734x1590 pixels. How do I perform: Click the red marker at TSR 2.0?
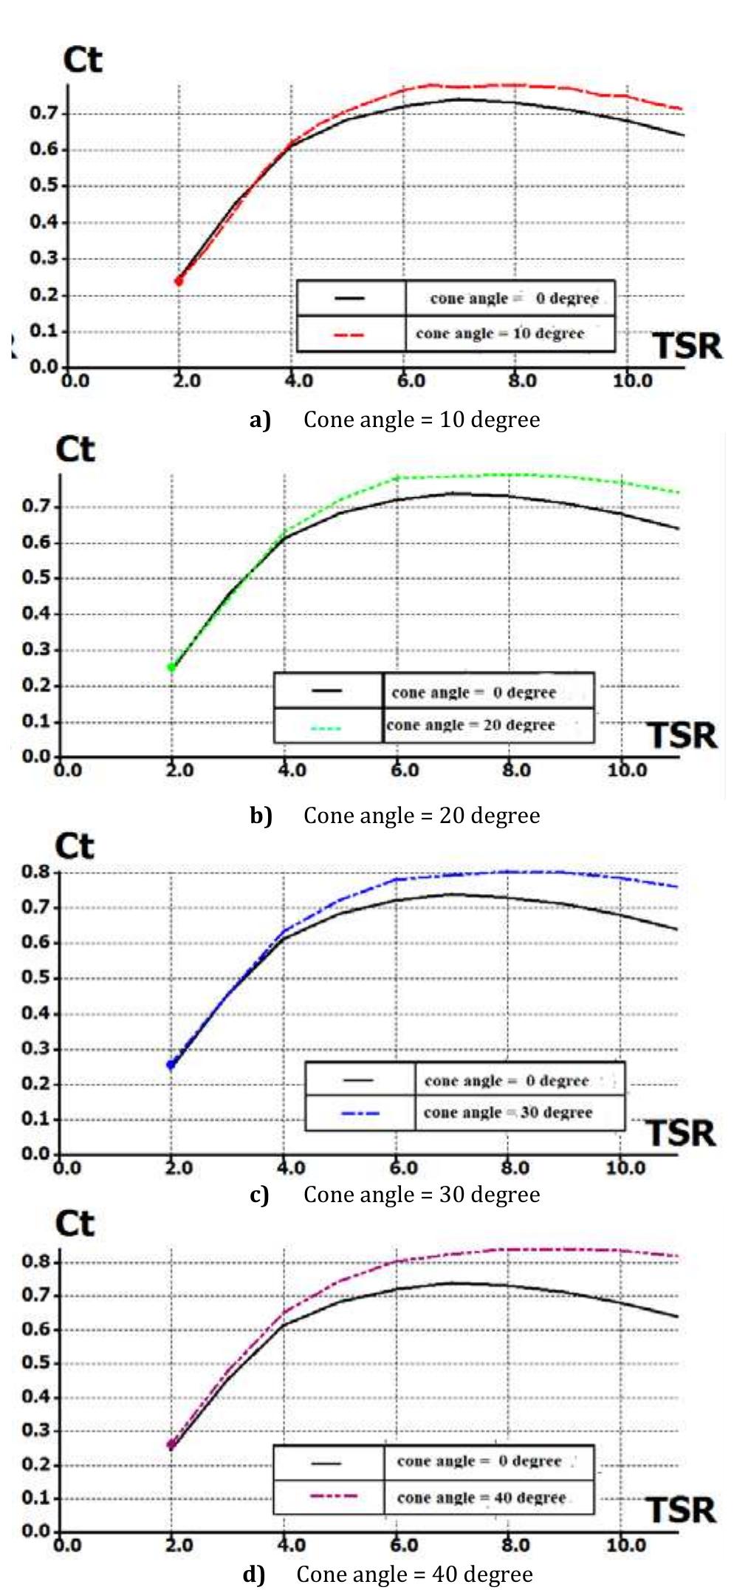(x=178, y=281)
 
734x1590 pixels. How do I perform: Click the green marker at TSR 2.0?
(x=171, y=667)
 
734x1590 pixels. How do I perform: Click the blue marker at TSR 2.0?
(x=171, y=1065)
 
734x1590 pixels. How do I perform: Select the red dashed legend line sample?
(x=349, y=335)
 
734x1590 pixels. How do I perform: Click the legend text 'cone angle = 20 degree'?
(x=470, y=725)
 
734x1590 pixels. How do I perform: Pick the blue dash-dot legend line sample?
(x=360, y=1113)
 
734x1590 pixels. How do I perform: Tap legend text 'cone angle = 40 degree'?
(x=481, y=1498)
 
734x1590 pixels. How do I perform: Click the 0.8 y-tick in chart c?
(x=35, y=872)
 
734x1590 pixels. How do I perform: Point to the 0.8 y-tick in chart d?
(x=35, y=1260)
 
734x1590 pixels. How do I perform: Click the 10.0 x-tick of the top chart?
(x=632, y=381)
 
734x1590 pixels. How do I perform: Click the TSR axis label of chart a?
(x=687, y=346)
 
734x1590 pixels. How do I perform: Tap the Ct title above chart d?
(x=75, y=1224)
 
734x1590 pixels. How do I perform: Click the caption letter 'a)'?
(x=260, y=420)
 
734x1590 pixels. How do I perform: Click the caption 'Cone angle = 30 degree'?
(x=422, y=1195)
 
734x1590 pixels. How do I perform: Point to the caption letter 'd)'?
(x=253, y=1574)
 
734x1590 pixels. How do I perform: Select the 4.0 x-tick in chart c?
(x=290, y=1167)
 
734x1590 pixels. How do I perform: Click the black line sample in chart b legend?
(x=326, y=691)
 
